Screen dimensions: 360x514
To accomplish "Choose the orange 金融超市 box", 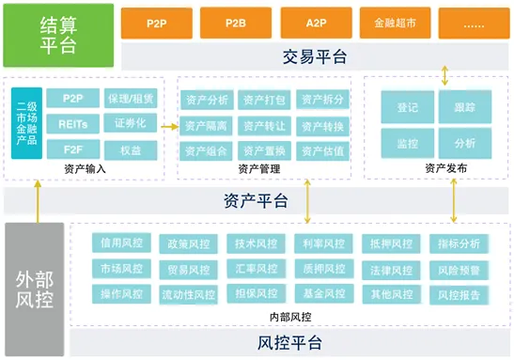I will pyautogui.click(x=395, y=20).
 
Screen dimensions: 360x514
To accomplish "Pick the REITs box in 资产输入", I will pyautogui.click(x=73, y=123).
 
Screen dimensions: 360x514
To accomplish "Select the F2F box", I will pyautogui.click(x=73, y=149).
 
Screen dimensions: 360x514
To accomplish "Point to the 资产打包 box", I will pyautogui.click(x=263, y=100).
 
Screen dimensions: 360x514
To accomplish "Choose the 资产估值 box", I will pyautogui.click(x=322, y=150).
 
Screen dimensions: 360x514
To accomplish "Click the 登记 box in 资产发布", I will pyautogui.click(x=407, y=108).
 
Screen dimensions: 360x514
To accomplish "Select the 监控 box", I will pyautogui.click(x=407, y=143).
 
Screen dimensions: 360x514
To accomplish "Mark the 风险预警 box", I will pyautogui.click(x=459, y=270).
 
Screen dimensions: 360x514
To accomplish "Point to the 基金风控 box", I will pyautogui.click(x=322, y=294).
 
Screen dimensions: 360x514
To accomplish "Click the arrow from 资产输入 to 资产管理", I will pyautogui.click(x=170, y=125).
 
